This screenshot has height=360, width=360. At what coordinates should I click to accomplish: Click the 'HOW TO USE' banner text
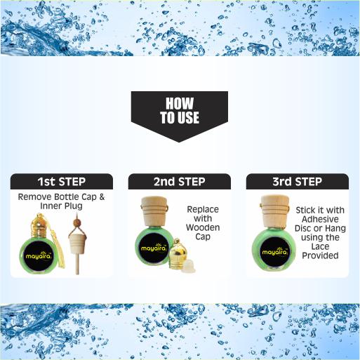(x=180, y=110)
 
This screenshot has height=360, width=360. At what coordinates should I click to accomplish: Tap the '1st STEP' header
(x=62, y=182)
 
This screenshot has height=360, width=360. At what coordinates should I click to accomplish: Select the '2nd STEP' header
(x=180, y=182)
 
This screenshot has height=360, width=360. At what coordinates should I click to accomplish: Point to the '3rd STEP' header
(x=298, y=182)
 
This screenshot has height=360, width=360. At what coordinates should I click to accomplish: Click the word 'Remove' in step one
(x=34, y=197)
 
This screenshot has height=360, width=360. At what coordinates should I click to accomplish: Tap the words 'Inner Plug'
(x=61, y=206)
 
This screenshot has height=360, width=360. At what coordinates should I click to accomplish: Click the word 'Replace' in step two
(x=203, y=210)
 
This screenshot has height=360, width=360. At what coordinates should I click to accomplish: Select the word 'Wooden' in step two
(x=203, y=227)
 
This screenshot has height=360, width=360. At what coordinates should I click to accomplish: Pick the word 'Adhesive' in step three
(x=320, y=219)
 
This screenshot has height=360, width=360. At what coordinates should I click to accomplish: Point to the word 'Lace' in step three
(x=320, y=246)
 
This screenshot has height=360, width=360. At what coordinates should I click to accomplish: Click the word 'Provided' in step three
(x=320, y=255)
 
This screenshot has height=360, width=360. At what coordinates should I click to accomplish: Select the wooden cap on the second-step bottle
(x=154, y=211)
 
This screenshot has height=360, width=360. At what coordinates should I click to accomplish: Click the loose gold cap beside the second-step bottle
(x=178, y=253)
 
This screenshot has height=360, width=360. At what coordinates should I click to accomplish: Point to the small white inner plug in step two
(x=189, y=266)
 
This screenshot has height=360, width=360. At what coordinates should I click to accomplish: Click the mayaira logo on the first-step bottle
(x=39, y=256)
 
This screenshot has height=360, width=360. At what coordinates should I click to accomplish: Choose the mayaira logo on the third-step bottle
(x=274, y=252)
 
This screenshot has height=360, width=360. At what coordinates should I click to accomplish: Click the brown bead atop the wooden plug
(x=76, y=222)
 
